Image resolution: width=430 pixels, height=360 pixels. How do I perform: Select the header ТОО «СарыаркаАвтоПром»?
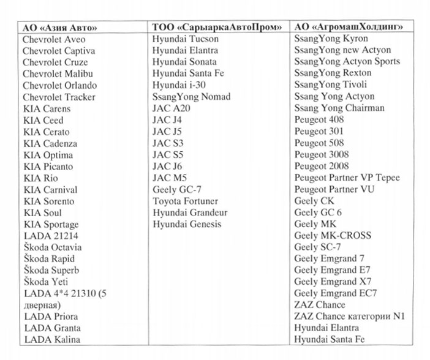tap(217, 28)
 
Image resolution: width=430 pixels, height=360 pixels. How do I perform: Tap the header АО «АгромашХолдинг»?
tap(349, 28)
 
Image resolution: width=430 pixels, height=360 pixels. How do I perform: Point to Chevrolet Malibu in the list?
tap(55, 74)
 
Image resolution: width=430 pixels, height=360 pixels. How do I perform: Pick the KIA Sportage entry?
tap(51, 225)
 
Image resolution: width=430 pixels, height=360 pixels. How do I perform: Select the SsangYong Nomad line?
tap(191, 97)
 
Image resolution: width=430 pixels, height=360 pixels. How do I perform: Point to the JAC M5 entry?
tap(170, 178)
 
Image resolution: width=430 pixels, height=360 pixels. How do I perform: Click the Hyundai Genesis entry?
tap(187, 224)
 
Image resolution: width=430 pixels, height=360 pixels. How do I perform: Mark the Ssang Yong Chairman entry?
tap(339, 108)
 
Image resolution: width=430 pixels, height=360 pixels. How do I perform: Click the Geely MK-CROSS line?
tap(333, 235)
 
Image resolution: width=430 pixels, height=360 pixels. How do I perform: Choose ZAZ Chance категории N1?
tap(350, 316)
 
